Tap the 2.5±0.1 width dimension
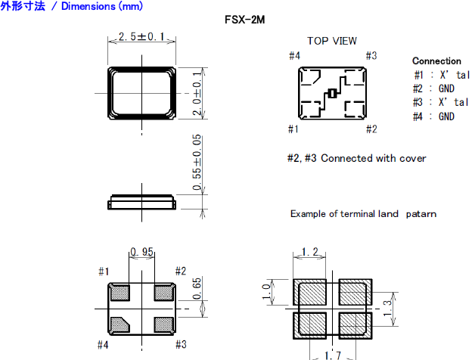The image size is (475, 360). pos(142,36)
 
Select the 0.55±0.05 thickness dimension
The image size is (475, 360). pos(197,162)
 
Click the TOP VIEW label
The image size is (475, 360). pos(331,41)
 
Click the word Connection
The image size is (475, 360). pos(436,61)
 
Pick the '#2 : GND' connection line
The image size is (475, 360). pos(434,88)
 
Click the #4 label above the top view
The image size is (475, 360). pos(294,56)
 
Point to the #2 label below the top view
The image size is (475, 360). pos(371,129)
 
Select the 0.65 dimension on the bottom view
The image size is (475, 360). pos(197,287)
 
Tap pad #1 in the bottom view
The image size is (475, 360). pos(120,292)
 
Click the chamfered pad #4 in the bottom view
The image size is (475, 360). pos(120,324)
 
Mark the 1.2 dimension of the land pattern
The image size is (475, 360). pos(309,252)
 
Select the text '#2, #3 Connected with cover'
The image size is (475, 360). pos(356,158)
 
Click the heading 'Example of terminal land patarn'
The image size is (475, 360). pos(363,214)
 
